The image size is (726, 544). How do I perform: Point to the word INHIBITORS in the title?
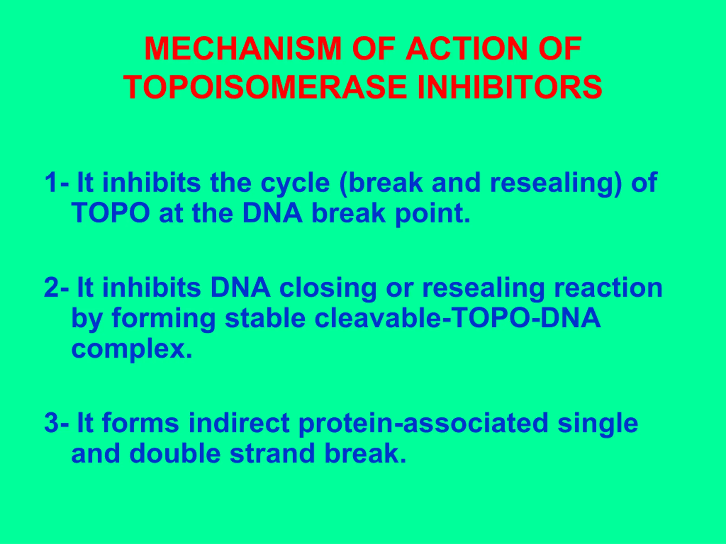click(x=510, y=87)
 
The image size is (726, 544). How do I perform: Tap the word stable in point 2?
click(x=265, y=318)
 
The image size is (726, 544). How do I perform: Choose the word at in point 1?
click(x=171, y=213)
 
